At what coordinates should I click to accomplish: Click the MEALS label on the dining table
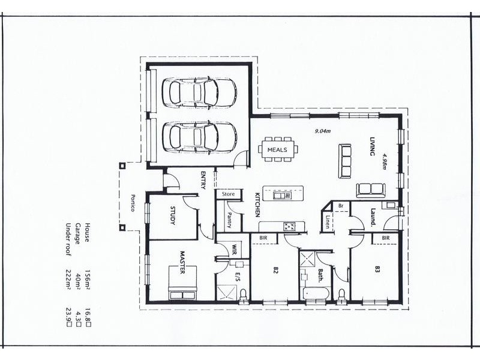(x=277, y=149)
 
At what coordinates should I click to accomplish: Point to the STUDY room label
(x=172, y=217)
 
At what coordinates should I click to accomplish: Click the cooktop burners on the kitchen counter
(x=290, y=226)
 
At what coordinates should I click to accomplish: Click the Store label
(x=228, y=194)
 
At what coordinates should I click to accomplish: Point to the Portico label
(x=133, y=204)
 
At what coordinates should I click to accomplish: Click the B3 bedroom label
(x=377, y=269)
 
